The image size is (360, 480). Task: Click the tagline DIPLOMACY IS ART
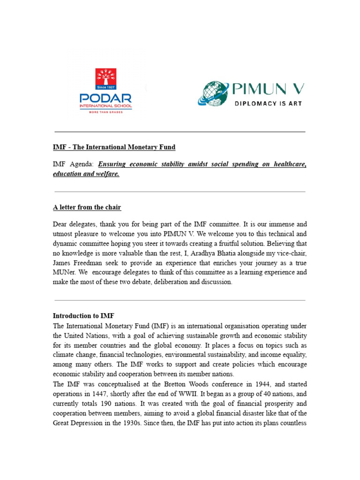click(x=268, y=103)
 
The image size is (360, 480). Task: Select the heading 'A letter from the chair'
click(x=87, y=207)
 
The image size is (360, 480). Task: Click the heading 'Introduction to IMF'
click(x=83, y=315)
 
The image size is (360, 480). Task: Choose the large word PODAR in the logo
click(x=106, y=99)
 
